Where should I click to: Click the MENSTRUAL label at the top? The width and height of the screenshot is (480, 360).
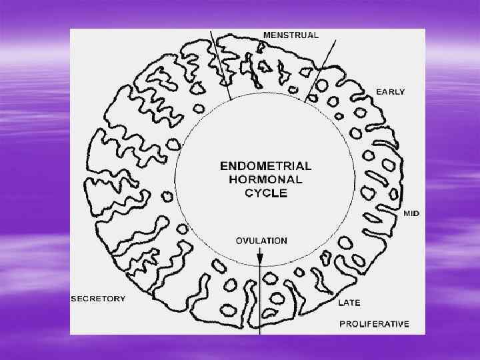[x=291, y=35]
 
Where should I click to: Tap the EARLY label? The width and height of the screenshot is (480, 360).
[x=391, y=91]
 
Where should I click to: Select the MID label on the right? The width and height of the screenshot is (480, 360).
[x=411, y=213]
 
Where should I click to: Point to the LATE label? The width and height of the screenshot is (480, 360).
[x=349, y=303]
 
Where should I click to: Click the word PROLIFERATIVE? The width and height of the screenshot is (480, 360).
[x=374, y=324]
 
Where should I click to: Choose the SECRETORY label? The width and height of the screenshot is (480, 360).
[x=98, y=299]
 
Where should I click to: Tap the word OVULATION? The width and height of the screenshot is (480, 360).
[x=261, y=240]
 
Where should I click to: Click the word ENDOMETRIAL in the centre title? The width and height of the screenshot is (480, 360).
[x=265, y=165]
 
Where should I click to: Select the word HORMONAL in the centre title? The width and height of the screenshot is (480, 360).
[x=265, y=179]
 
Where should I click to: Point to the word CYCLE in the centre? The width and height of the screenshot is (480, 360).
[x=265, y=193]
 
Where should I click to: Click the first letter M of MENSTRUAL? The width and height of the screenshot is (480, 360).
[x=267, y=35]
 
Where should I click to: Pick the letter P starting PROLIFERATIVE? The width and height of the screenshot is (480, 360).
[x=343, y=324]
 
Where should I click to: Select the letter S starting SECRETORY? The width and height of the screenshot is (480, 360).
[x=74, y=299]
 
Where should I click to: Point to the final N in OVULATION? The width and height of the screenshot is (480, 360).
[x=284, y=240]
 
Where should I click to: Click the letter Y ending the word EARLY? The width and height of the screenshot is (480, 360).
[x=401, y=91]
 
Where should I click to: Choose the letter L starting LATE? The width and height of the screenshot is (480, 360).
[x=341, y=303]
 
